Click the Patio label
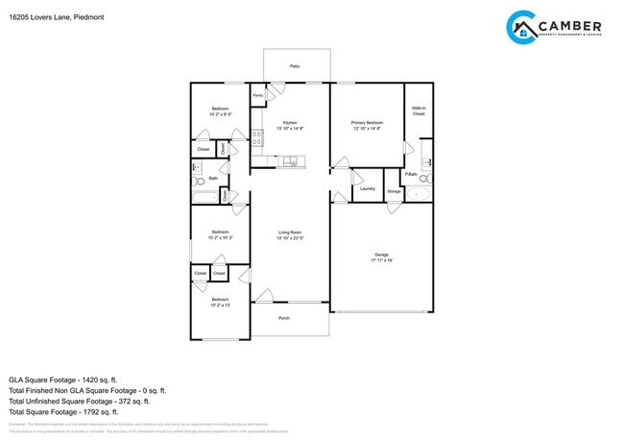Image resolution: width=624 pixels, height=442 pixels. (294, 66)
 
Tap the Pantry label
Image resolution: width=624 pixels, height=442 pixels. (258, 96)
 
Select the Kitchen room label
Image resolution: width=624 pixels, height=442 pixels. (289, 123)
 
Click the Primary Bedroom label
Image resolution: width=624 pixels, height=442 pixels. (367, 123)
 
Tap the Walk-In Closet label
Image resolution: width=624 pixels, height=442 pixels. (419, 111)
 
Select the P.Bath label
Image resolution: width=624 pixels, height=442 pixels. (410, 174)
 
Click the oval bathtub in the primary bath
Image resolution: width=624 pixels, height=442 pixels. (420, 193)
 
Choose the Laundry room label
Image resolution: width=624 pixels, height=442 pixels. (367, 188)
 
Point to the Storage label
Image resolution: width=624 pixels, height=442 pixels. (394, 191)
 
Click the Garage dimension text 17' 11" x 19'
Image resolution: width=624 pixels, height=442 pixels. (382, 259)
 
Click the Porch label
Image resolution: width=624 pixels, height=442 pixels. (284, 318)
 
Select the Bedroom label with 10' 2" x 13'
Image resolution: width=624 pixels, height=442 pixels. (220, 303)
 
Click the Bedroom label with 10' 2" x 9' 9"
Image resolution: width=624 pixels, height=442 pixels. (220, 110)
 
